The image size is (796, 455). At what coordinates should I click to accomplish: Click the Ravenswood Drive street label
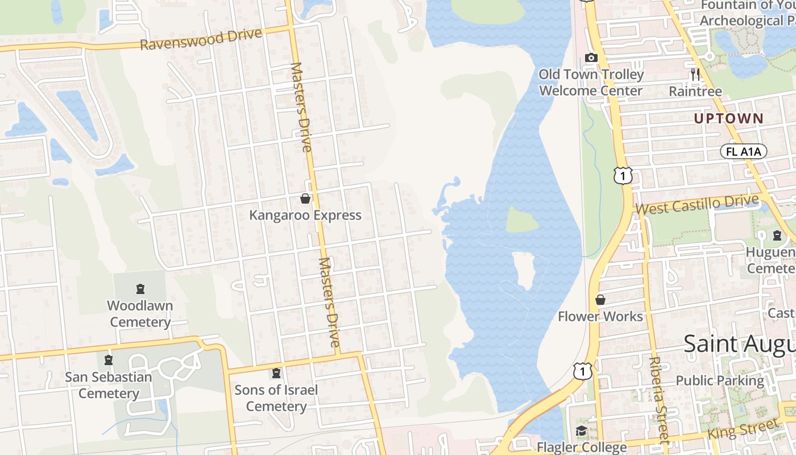click(x=201, y=39)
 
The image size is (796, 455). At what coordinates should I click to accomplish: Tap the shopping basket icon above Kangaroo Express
click(x=305, y=198)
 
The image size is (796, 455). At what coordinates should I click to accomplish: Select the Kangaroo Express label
click(x=305, y=215)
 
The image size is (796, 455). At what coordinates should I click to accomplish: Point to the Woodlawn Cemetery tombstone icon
click(x=140, y=289)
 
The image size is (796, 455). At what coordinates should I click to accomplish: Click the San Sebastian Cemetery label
click(x=109, y=385)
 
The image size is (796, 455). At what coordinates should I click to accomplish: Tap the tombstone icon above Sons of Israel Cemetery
click(x=276, y=373)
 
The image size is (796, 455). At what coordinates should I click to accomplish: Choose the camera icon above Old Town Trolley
click(x=591, y=57)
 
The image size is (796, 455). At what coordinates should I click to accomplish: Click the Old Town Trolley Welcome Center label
click(x=591, y=82)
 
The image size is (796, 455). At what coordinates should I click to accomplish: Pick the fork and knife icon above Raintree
click(x=695, y=74)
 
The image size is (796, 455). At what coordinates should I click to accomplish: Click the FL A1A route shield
click(x=744, y=151)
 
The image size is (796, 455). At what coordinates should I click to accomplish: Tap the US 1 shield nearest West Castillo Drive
click(x=623, y=176)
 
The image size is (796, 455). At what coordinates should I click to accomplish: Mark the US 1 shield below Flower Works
click(x=583, y=371)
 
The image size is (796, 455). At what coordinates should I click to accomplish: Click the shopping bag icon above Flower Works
click(x=600, y=300)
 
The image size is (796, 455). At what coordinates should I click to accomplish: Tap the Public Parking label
click(x=720, y=380)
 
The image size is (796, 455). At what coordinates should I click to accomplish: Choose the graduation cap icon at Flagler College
click(x=581, y=431)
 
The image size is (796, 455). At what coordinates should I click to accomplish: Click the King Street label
click(x=743, y=428)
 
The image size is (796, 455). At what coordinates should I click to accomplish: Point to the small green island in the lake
click(x=522, y=221)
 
